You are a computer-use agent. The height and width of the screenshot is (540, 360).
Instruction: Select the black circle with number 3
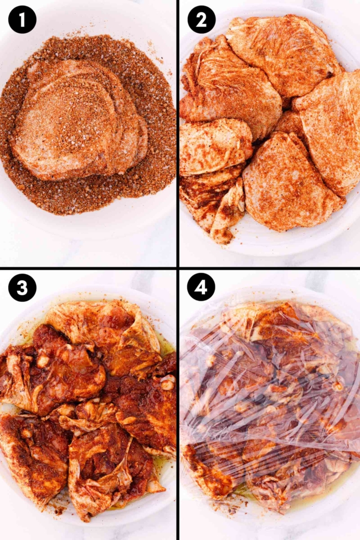pos(22,288)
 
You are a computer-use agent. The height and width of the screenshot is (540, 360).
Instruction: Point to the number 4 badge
pos(200,288)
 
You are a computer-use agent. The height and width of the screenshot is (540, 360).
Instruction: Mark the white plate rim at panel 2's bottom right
pos(338,233)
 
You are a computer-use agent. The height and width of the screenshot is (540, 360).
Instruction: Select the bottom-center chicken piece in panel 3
pos(105,471)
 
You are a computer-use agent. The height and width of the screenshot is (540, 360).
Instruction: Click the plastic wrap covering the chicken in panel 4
pos(271,399)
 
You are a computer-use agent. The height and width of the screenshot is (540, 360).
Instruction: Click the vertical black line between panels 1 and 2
pos(177,133)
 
